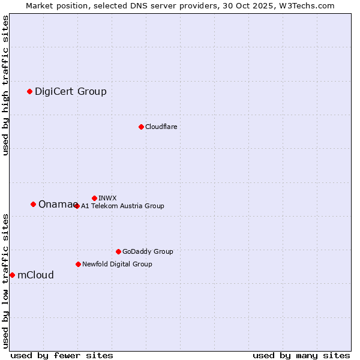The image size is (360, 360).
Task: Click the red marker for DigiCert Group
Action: point(29,91)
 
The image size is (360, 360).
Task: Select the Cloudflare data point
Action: point(141,127)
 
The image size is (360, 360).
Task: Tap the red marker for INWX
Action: point(94,198)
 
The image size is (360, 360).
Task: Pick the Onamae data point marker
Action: point(33,204)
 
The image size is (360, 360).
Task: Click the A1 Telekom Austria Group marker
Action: point(77,206)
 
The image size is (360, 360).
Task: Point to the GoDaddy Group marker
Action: point(118,251)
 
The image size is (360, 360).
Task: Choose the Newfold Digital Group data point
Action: point(78,264)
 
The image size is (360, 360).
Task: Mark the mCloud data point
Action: point(12,275)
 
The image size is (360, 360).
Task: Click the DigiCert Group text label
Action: point(71,91)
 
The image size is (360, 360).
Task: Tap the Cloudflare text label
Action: point(161,127)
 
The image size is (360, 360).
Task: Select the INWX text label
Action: point(107,198)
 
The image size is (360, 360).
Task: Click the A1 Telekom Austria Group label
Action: point(122,206)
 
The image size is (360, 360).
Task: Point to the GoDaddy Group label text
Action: point(148,251)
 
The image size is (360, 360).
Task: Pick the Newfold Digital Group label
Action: point(117,264)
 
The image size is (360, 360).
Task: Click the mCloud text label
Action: point(35,275)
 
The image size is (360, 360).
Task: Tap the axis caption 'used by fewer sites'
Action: point(62,355)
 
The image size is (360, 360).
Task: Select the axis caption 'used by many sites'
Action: point(301,355)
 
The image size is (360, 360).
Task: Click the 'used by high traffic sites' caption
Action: point(5,85)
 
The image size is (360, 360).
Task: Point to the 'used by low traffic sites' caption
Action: point(5,280)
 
